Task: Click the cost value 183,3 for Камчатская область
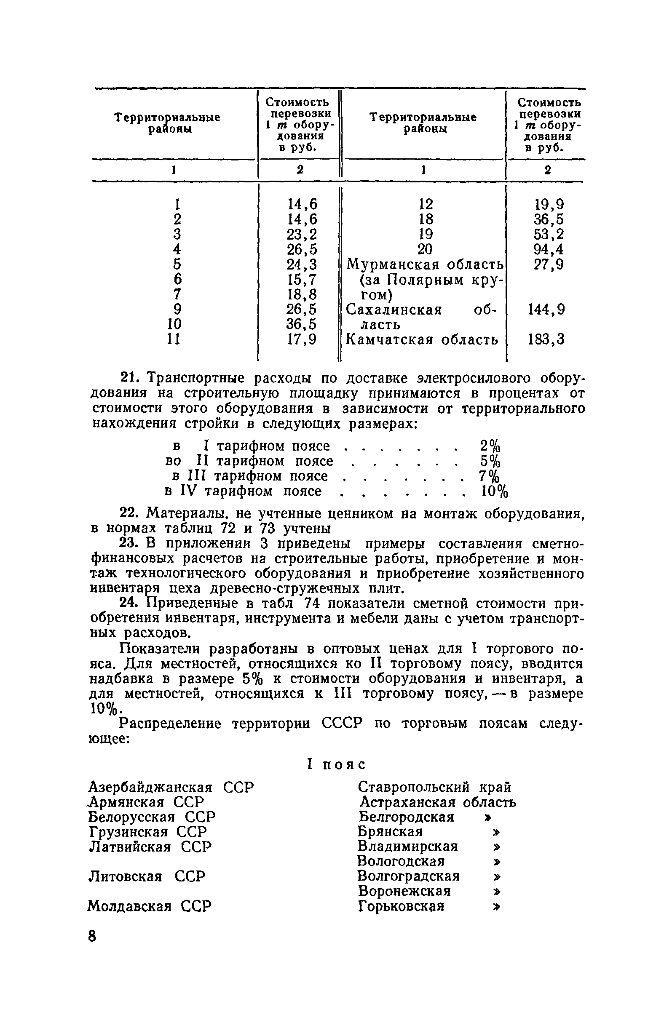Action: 546,340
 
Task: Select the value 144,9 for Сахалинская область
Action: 546,310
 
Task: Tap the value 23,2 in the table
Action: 302,235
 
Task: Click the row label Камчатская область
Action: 422,340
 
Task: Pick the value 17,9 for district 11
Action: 302,340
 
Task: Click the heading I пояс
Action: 336,764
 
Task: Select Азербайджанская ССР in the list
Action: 171,787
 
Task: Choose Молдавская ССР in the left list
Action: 149,906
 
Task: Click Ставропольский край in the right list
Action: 434,787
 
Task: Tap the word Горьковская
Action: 401,906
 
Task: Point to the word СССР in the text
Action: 342,724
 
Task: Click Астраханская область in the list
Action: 438,802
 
